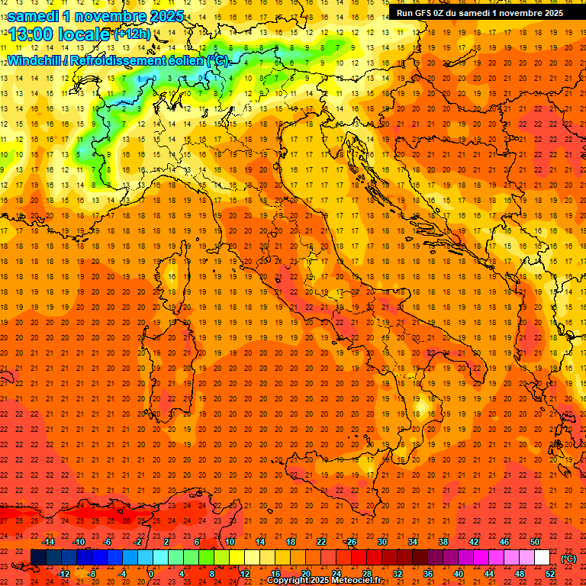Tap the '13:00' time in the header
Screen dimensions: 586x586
pos(34,34)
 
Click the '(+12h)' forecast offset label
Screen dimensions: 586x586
pos(132,34)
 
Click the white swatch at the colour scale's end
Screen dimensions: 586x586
pos(542,558)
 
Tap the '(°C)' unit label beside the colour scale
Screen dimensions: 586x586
pos(568,559)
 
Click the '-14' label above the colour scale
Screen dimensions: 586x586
pos(49,542)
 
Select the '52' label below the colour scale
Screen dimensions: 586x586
pos(550,574)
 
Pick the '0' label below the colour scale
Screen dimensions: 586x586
pos(151,574)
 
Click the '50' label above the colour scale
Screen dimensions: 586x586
pos(535,542)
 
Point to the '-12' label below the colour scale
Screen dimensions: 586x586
pos(64,574)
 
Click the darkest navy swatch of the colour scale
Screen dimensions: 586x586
pos(38,558)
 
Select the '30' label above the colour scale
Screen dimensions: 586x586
pos(382,542)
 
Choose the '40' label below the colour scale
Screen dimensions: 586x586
pos(458,574)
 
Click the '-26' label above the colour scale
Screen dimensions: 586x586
pos(350,542)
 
